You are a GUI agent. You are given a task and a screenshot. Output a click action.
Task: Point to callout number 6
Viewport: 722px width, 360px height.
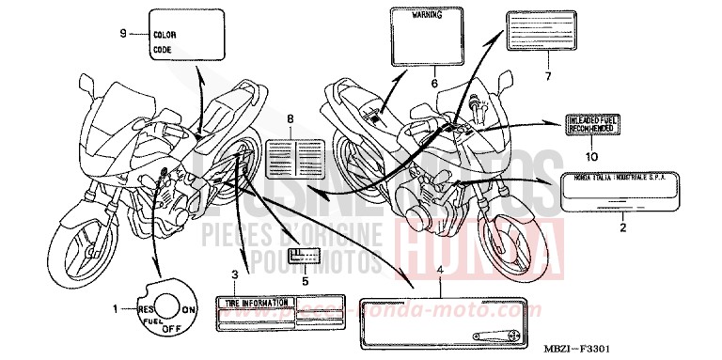click(x=433, y=83)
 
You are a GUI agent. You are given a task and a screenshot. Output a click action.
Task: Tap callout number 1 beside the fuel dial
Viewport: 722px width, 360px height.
click(x=115, y=307)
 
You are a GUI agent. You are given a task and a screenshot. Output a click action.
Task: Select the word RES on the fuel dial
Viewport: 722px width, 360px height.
click(x=147, y=307)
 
